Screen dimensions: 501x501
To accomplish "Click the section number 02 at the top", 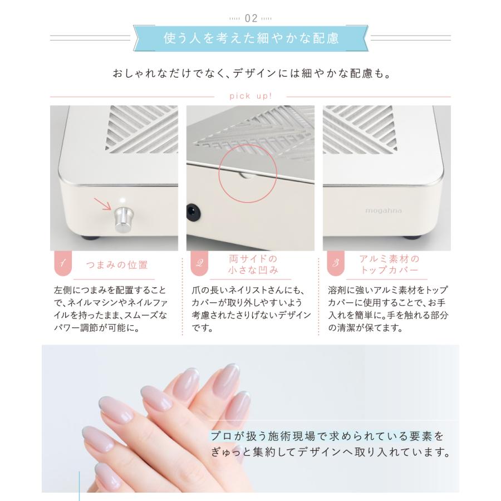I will pos(251,18).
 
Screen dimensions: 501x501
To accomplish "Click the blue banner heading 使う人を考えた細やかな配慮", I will pos(251,39).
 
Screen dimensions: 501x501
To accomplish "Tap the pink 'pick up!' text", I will pos(250,96).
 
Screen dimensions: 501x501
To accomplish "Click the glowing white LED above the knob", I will pos(122,201).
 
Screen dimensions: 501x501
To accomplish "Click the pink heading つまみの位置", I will pos(117,264).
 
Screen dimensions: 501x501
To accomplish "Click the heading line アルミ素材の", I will pos(389,259).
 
